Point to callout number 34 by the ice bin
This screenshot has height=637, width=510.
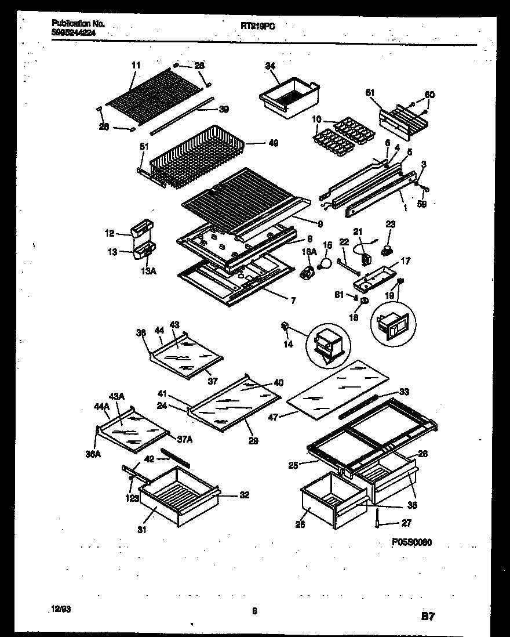tap(270, 67)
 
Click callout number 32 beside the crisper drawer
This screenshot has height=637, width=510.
tap(244, 495)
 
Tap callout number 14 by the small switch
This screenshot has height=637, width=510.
tap(288, 344)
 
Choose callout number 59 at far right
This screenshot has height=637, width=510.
tap(422, 204)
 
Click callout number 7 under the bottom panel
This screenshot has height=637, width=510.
tap(293, 300)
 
